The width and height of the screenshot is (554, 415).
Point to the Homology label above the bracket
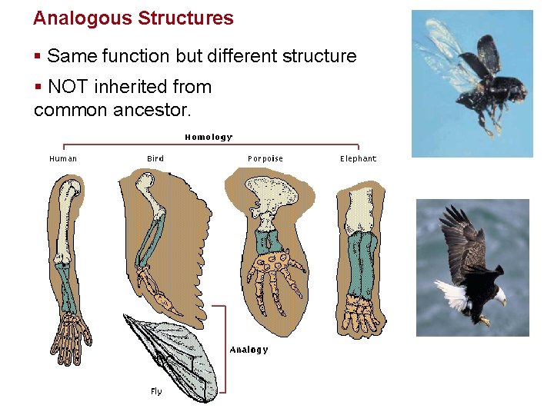[x=208, y=137]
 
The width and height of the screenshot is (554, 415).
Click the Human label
[x=63, y=159]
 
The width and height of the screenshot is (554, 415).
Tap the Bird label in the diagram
[x=155, y=159]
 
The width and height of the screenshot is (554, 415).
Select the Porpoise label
[x=265, y=159]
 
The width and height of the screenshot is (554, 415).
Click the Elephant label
[x=359, y=159]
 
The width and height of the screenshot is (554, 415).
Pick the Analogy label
[x=249, y=350]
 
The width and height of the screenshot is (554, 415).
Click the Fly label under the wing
[x=156, y=392]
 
